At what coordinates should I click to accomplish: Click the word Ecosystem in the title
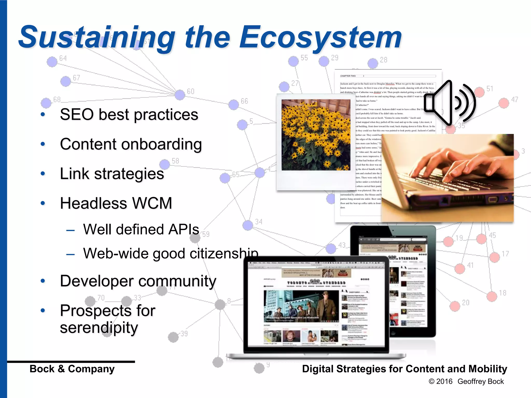coord(320,38)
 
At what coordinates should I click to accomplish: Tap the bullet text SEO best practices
coord(129,115)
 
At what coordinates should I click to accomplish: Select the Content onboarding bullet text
coord(131,144)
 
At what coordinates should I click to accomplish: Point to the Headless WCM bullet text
coord(116,203)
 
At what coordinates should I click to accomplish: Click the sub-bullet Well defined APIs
coord(141,229)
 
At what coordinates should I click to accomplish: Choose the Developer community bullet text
coord(138,281)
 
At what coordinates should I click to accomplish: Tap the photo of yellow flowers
coord(316,135)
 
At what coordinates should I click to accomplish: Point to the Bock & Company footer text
coord(72,369)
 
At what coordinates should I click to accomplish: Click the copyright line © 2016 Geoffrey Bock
coord(466,381)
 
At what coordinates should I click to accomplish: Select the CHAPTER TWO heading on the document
coord(348,76)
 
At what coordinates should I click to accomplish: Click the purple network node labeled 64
coord(52,62)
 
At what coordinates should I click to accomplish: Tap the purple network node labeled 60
coord(180,95)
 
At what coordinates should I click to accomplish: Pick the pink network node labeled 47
coord(504,103)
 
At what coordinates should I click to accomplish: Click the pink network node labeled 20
coord(455,306)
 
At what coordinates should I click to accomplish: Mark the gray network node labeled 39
coord(173,337)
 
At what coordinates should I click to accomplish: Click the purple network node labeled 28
coord(373,63)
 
